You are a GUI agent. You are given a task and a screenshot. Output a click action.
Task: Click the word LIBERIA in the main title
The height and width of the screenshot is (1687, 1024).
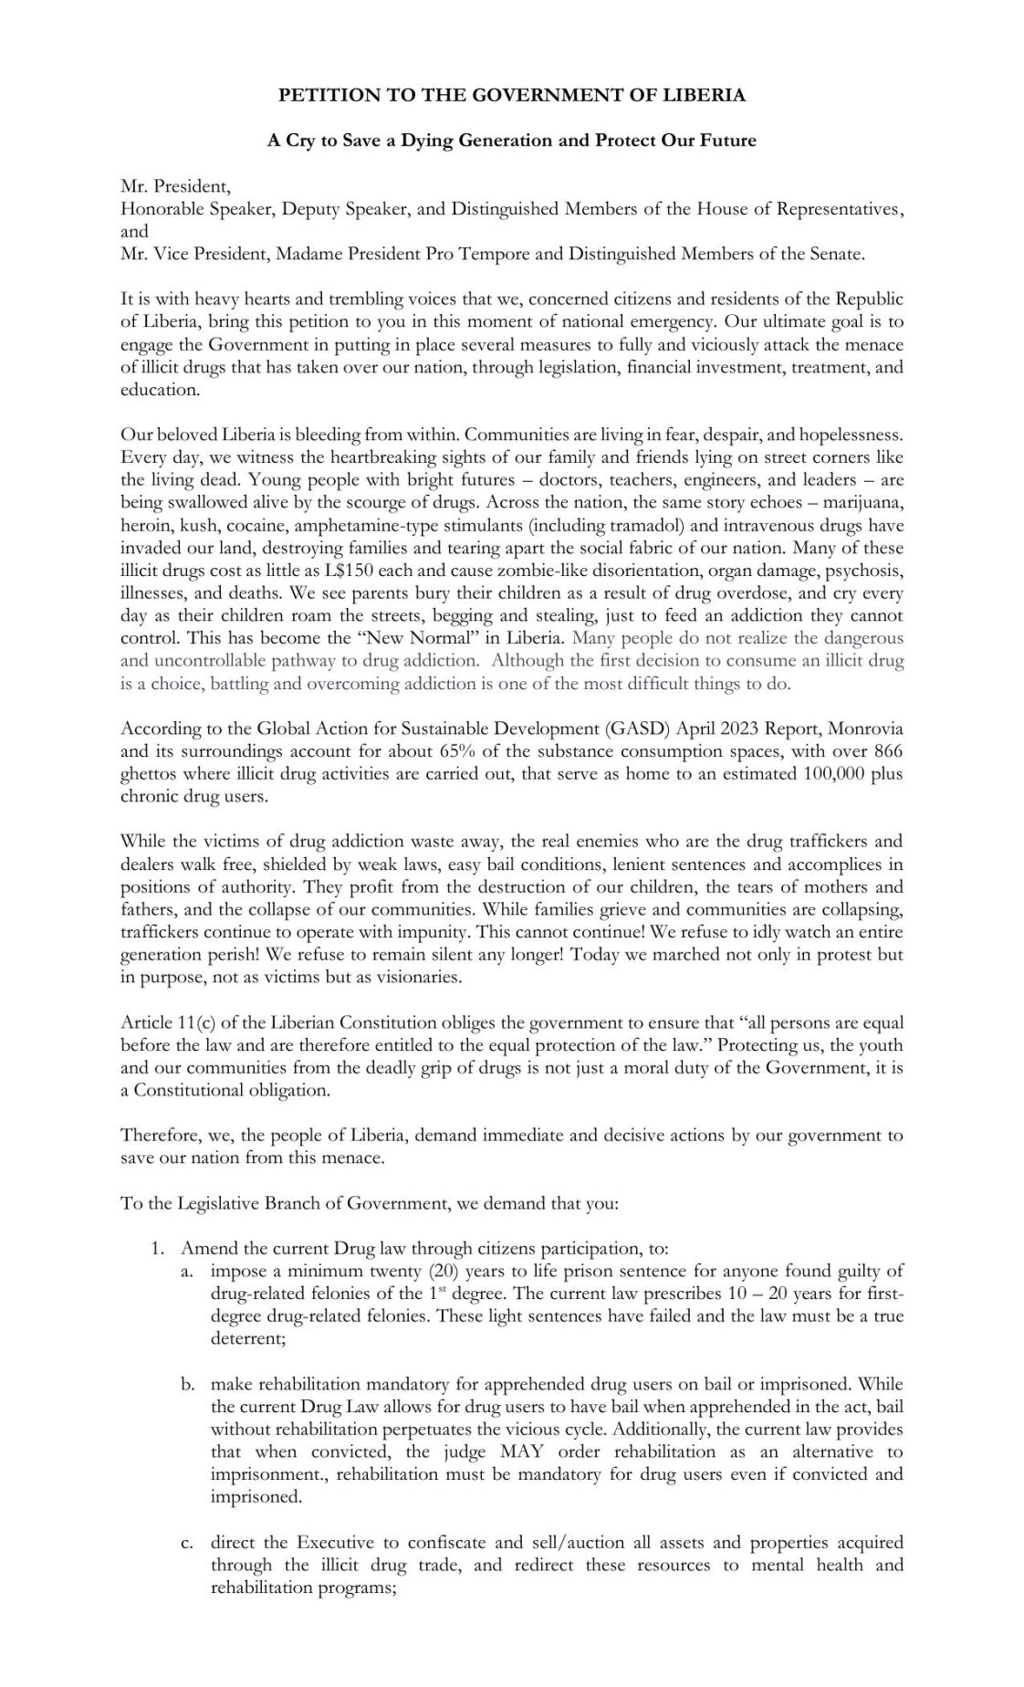[705, 95]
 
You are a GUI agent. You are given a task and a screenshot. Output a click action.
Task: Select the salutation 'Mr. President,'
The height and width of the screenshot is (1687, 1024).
[175, 187]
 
